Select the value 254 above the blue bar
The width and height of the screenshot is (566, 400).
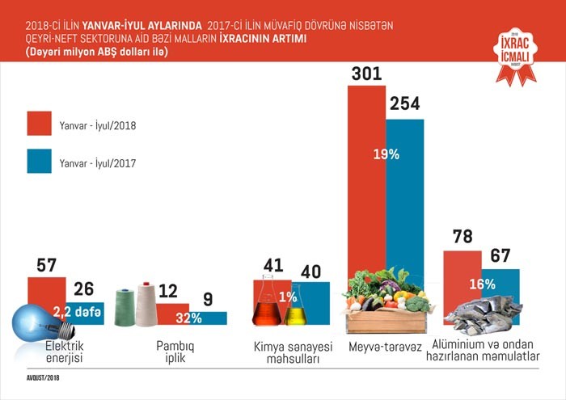[405, 105]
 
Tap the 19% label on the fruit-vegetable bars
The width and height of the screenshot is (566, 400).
[386, 154]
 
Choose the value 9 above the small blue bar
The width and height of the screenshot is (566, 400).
[209, 300]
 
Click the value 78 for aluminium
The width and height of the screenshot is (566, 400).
[463, 237]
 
